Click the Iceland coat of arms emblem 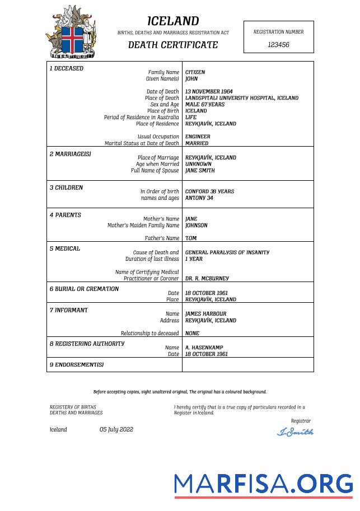click(x=71, y=32)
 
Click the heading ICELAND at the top click(x=173, y=21)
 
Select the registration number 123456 click(x=278, y=45)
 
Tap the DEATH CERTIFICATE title click(x=173, y=45)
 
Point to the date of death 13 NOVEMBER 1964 click(x=209, y=91)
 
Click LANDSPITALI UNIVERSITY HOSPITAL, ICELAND click(x=241, y=98)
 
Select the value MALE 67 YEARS click(x=204, y=105)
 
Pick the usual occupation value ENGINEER click(x=198, y=137)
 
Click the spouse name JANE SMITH click(x=200, y=171)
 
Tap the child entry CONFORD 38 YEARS click(x=209, y=191)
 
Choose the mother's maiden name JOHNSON click(x=196, y=226)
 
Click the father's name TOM click(x=191, y=238)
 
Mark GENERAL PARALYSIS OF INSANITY click(x=227, y=252)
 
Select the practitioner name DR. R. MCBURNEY click(x=207, y=278)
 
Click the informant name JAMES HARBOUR click(x=205, y=314)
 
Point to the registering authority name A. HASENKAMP click(x=204, y=348)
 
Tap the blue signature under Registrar click(x=295, y=432)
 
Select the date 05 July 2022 click(x=116, y=430)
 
